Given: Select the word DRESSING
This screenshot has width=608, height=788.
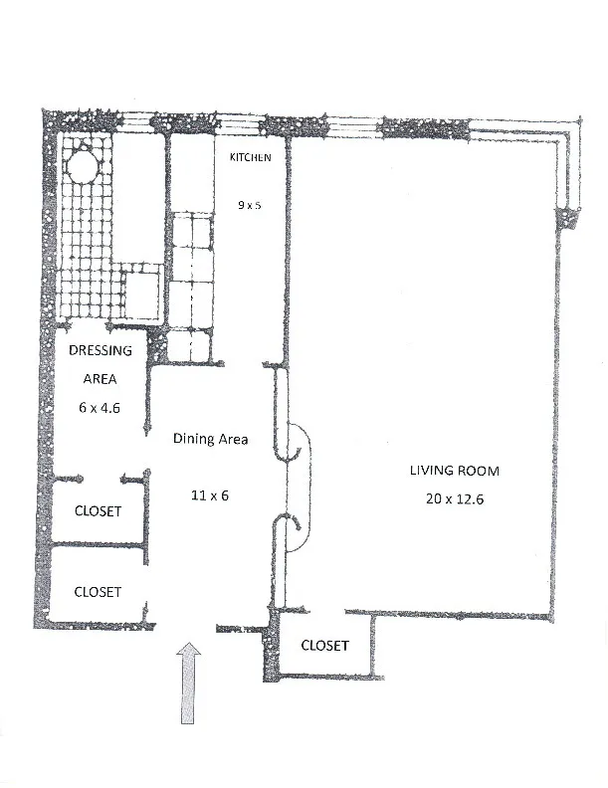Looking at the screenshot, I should click(101, 350).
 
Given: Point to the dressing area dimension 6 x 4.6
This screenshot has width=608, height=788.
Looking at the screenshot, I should click(100, 407).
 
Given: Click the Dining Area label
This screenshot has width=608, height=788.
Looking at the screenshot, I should click(210, 439).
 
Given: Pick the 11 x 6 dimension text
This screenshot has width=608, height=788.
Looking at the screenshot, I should click(210, 494).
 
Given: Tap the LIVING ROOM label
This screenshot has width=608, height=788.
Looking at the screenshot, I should click(453, 471).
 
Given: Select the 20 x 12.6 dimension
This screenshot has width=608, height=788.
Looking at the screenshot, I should click(454, 498).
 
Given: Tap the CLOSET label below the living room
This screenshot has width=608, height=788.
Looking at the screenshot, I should click(325, 646).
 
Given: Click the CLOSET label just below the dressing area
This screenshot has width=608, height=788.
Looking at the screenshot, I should click(99, 511).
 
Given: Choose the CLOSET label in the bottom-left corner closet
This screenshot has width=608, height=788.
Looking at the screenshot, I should click(99, 592).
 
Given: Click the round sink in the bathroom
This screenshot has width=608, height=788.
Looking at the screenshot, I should click(81, 164).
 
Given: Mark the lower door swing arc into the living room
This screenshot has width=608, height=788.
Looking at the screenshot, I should click(298, 534).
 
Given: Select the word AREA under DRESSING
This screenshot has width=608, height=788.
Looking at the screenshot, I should click(100, 379).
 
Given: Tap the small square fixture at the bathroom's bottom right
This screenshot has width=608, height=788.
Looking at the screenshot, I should click(143, 295).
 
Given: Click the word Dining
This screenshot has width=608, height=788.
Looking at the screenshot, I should click(191, 439).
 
